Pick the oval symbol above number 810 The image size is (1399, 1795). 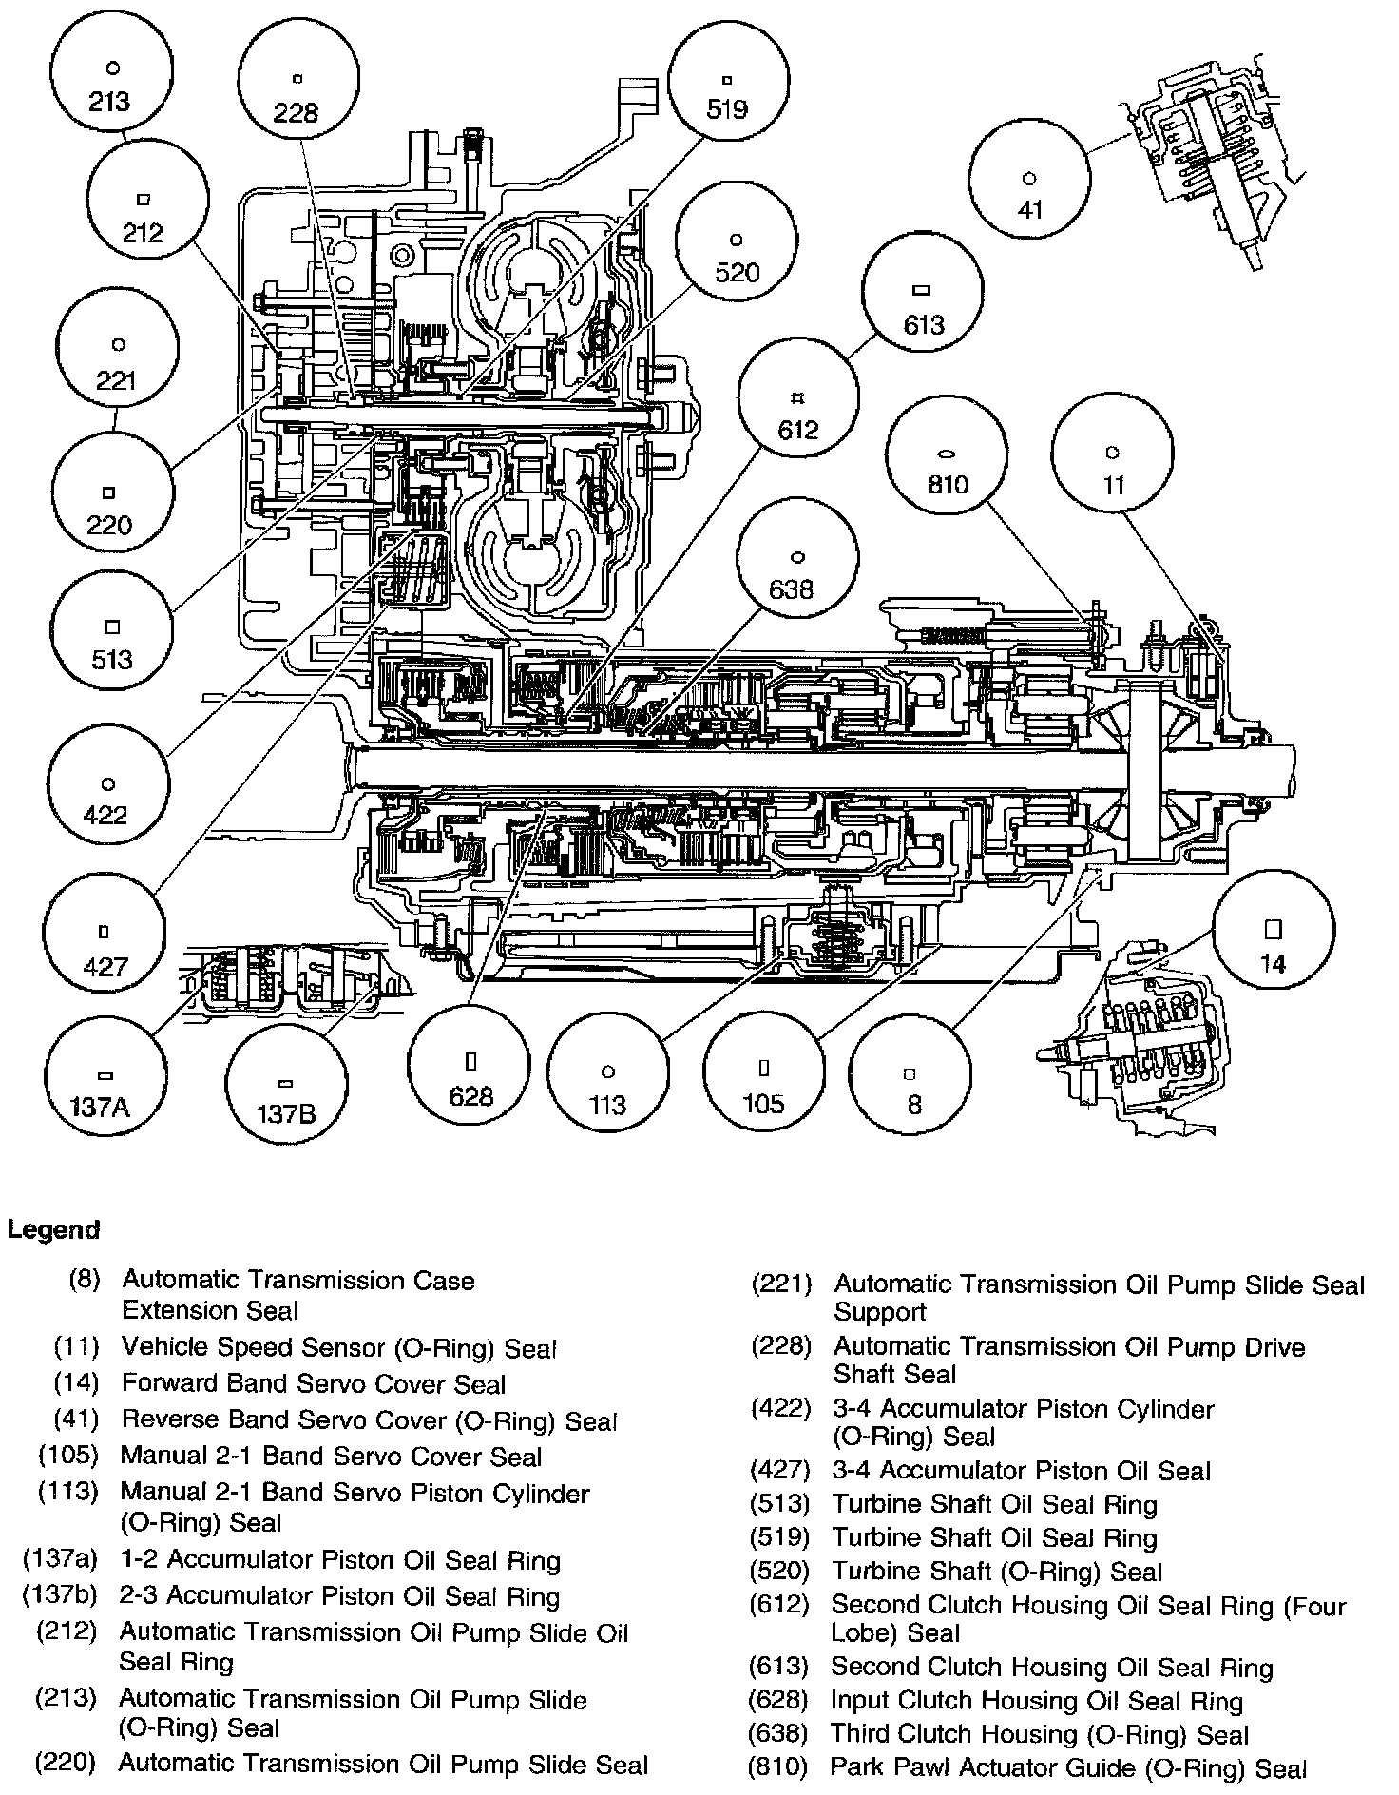(948, 455)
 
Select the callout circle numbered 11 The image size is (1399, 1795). (1113, 467)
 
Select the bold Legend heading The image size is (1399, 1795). (53, 1229)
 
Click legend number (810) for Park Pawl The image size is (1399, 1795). (778, 1767)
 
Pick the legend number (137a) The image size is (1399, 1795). (61, 1560)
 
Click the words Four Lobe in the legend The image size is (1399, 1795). (1312, 1606)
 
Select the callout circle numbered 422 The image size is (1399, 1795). (106, 798)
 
